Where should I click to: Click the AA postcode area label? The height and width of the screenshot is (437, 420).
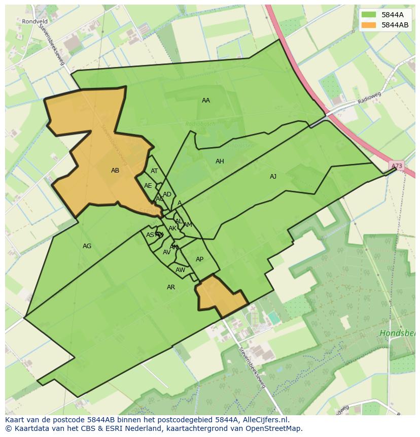pyautogui.click(x=205, y=100)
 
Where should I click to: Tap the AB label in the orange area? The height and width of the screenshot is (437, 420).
pyautogui.click(x=115, y=171)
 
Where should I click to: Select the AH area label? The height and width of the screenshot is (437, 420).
pyautogui.click(x=220, y=161)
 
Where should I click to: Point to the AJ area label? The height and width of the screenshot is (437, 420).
pyautogui.click(x=273, y=177)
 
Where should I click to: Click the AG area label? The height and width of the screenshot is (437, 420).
pyautogui.click(x=87, y=246)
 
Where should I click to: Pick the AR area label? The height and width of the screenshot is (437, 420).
pyautogui.click(x=171, y=287)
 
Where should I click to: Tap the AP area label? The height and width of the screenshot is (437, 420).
pyautogui.click(x=199, y=259)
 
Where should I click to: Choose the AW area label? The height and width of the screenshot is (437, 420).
pyautogui.click(x=180, y=270)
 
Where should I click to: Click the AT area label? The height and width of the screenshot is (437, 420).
pyautogui.click(x=154, y=171)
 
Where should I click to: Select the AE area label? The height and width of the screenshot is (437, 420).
pyautogui.click(x=148, y=186)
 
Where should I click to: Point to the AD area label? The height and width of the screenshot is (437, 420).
pyautogui.click(x=167, y=194)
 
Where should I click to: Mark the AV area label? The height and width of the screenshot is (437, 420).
pyautogui.click(x=166, y=252)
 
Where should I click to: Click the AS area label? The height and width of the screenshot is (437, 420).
pyautogui.click(x=150, y=235)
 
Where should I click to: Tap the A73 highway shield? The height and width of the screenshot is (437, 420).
pyautogui.click(x=397, y=166)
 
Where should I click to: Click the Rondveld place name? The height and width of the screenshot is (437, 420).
pyautogui.click(x=34, y=21)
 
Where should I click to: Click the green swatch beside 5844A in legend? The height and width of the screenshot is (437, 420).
pyautogui.click(x=369, y=15)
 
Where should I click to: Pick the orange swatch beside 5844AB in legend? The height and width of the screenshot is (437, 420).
pyautogui.click(x=369, y=25)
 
